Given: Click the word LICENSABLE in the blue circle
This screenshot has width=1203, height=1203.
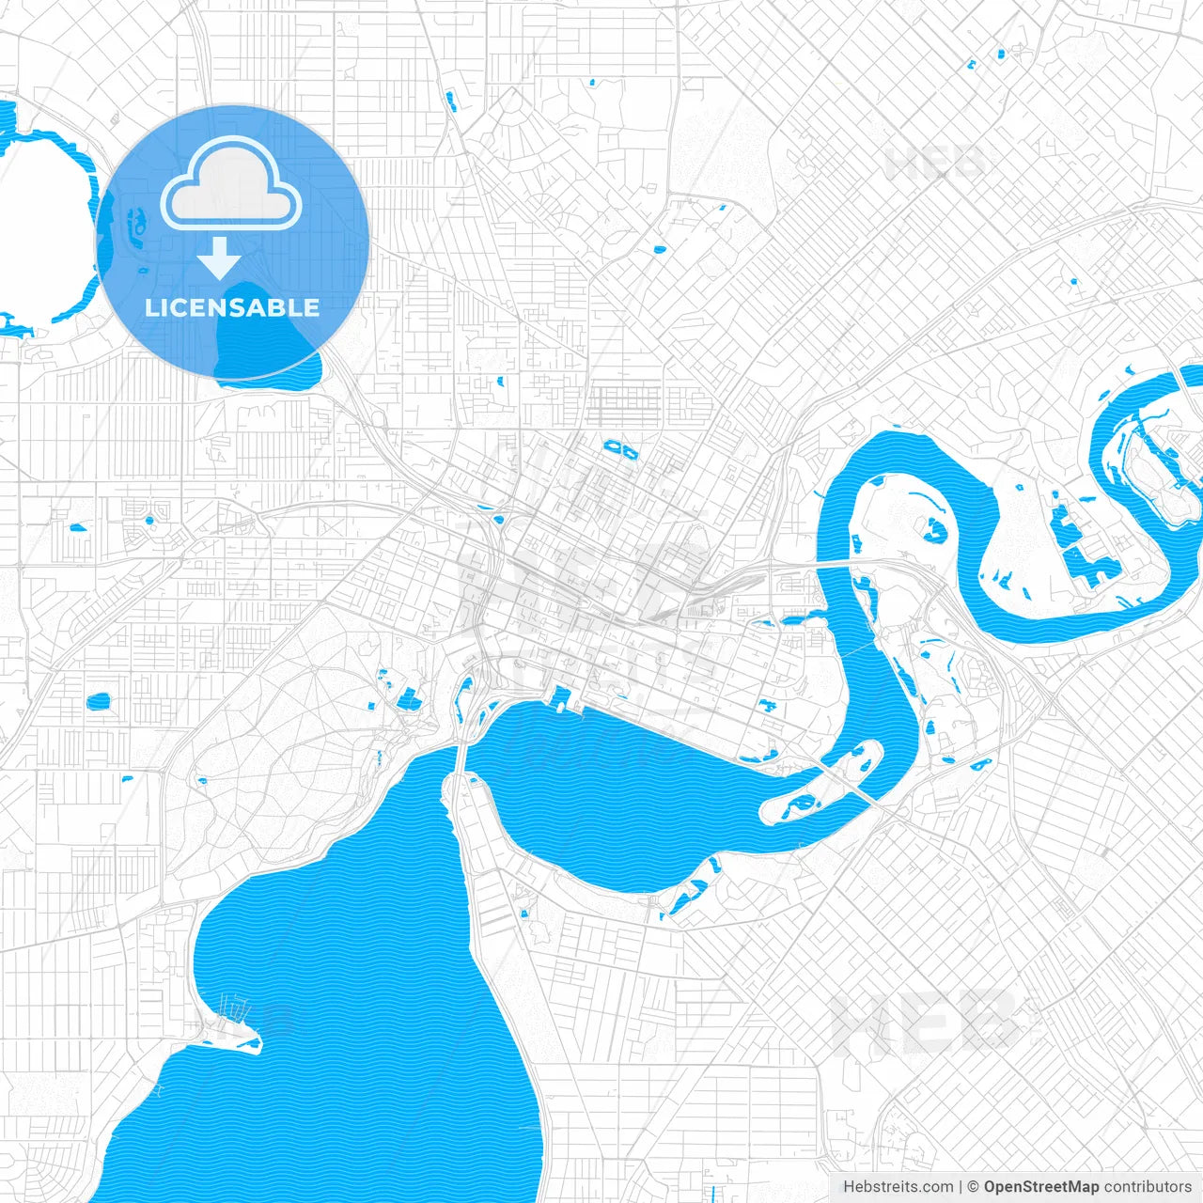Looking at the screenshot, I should click(x=232, y=307).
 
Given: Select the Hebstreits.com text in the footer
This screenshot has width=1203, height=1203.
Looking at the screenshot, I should click(x=898, y=1187).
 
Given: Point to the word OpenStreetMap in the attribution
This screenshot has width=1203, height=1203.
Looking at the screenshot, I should click(x=1040, y=1187).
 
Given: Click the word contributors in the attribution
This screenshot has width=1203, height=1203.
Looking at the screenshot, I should click(x=1147, y=1187).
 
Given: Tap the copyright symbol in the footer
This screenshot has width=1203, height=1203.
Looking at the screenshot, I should click(x=974, y=1187).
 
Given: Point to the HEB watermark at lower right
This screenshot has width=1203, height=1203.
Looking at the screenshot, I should click(x=921, y=1024).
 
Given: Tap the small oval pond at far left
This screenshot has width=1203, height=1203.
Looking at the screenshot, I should click(x=98, y=701).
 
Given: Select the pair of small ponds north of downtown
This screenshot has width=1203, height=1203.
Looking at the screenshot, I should click(x=620, y=448).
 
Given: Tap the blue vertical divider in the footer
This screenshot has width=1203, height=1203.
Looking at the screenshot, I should click(x=961, y=1187).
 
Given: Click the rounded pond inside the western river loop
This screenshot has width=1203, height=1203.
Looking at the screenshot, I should click(x=936, y=529).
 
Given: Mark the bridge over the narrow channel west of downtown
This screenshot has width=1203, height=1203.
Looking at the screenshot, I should click(x=461, y=752).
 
